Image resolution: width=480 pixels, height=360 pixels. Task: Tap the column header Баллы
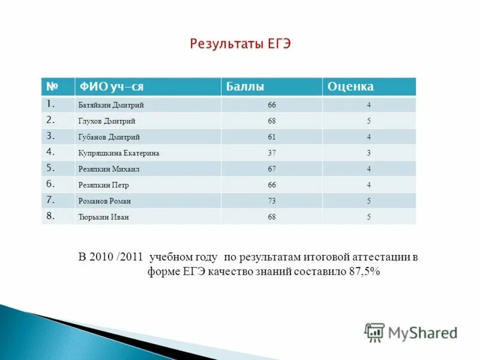245,87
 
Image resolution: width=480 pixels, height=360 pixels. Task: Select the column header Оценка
350,87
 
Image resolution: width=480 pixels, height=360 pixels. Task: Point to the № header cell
52,87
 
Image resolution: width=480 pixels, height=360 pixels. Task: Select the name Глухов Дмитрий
107,121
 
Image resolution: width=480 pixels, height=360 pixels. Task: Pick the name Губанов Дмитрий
109,137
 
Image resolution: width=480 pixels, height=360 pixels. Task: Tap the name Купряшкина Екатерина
119,153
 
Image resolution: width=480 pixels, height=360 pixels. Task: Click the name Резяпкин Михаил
109,169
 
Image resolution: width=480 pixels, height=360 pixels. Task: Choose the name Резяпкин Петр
104,185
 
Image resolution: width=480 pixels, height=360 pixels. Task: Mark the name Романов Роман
104,201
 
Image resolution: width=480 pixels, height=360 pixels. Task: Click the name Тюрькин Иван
103,217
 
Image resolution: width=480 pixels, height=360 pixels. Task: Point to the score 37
272,153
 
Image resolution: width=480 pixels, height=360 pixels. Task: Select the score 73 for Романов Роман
272,201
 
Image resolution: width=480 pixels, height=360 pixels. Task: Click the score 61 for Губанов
272,137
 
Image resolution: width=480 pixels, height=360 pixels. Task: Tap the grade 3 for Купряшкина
368,153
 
